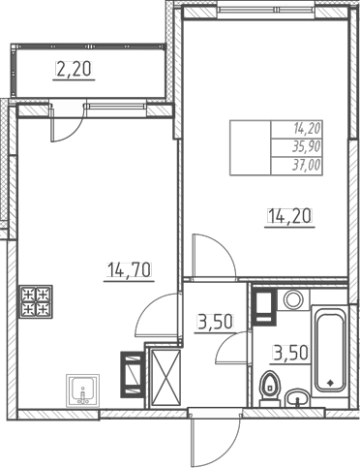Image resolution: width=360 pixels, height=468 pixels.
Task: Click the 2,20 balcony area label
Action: coord(74,70)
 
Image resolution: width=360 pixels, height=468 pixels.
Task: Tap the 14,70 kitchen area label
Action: coord(129,270)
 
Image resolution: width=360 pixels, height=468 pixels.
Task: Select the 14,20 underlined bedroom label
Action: coord(289,215)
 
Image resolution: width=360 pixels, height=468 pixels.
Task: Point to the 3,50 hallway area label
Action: coord(215,322)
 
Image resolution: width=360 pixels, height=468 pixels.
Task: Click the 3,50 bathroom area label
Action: coord(291,353)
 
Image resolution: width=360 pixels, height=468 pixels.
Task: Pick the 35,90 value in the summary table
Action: coord(306,146)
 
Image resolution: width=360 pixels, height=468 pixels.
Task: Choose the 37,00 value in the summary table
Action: coord(306,165)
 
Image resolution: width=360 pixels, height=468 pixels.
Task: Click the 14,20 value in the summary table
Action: coord(307,128)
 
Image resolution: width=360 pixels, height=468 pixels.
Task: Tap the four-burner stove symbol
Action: coord(36,302)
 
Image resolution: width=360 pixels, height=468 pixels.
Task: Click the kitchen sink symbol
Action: coord(83,391)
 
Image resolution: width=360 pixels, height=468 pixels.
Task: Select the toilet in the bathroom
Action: coord(269,389)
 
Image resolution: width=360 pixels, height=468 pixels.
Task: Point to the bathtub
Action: coord(330,348)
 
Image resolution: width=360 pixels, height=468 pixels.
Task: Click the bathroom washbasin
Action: coord(298,398)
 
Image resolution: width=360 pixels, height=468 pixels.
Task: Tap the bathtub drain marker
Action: coord(331,382)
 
